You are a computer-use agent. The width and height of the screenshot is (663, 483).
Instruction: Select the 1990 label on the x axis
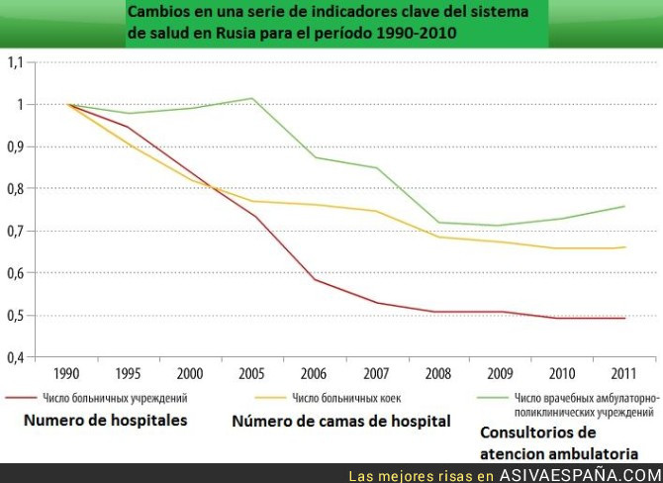[x=68, y=375]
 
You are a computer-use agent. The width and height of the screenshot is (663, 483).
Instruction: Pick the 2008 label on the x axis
[x=437, y=375]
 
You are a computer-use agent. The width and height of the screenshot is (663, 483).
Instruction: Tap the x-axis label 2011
[x=622, y=375]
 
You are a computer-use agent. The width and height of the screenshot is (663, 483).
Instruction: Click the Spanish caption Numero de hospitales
[x=104, y=420]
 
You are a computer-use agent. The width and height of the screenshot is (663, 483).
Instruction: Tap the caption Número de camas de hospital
[x=341, y=422]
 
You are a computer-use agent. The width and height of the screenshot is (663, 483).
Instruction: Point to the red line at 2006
[x=315, y=279]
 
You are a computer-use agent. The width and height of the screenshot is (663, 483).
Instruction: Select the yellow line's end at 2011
[x=622, y=247]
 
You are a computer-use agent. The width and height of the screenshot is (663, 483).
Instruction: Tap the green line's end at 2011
[x=622, y=206]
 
